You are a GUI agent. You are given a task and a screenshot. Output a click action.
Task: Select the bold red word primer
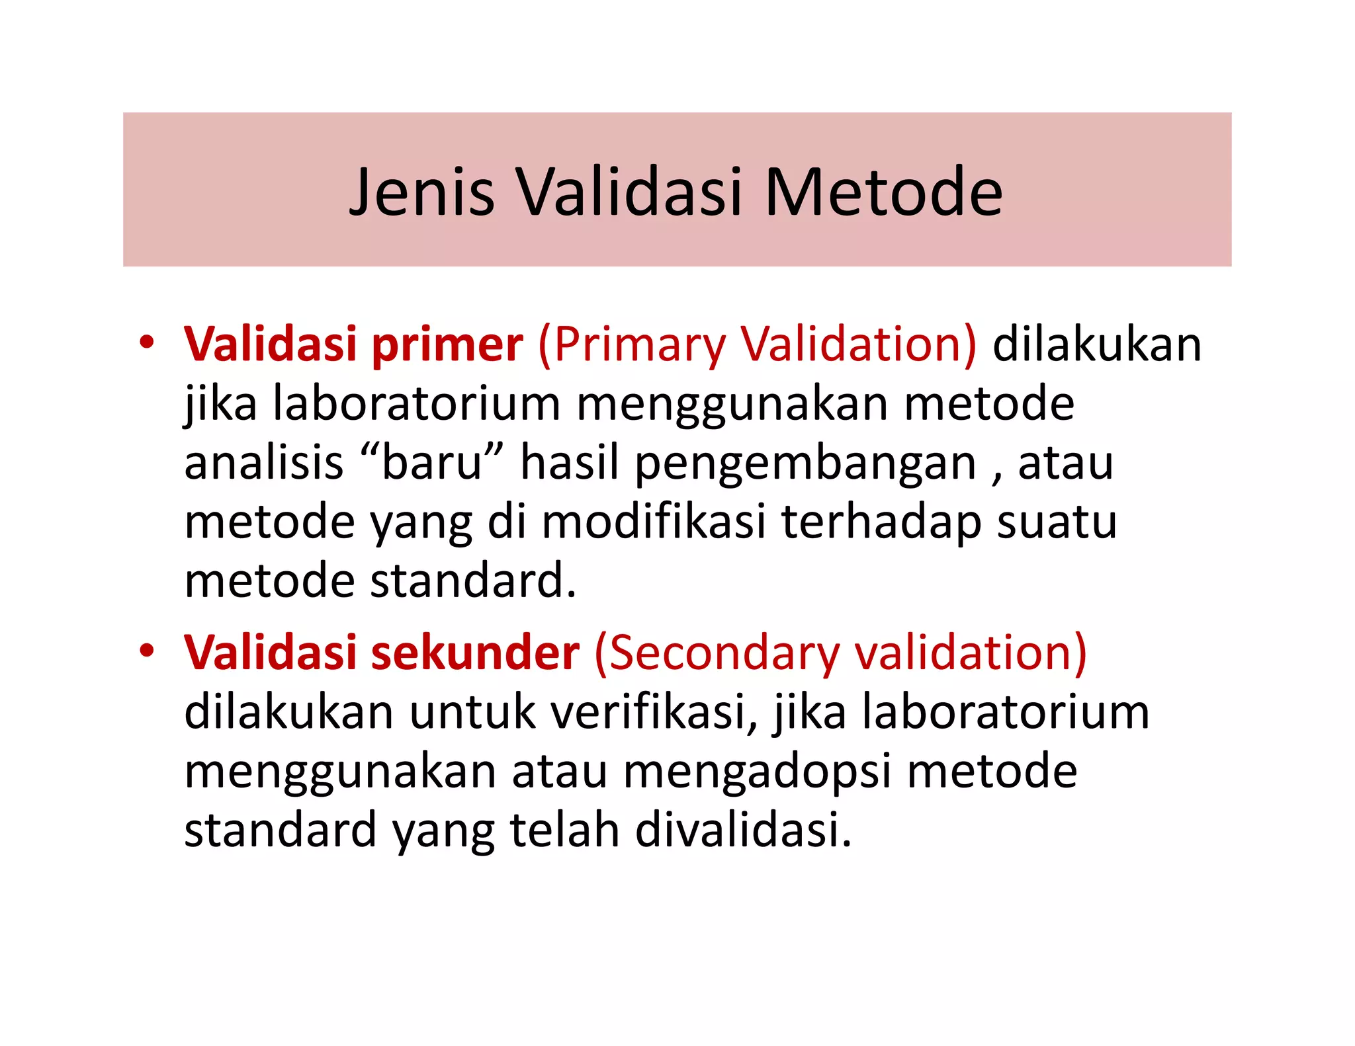coord(447,344)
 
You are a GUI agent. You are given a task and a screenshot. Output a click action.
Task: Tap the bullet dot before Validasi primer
coord(146,342)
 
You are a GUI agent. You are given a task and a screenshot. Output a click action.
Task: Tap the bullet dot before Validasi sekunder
coord(146,651)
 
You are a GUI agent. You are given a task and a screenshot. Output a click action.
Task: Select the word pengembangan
coord(805,462)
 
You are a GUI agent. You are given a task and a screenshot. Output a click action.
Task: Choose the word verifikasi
coord(654,712)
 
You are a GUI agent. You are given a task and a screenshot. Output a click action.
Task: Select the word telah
coord(565,830)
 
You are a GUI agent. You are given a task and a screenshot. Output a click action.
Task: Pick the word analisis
coord(264,462)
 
